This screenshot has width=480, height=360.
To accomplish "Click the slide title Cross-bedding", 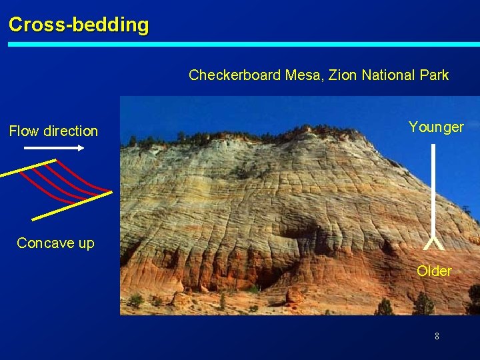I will (79, 25).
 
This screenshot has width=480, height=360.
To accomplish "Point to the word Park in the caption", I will (433, 75).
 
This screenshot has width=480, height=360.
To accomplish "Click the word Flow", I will (24, 131).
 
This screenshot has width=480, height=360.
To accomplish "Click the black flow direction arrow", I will (53, 148).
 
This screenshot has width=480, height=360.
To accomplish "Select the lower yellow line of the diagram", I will (71, 206).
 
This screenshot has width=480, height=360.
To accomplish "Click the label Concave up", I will (55, 243).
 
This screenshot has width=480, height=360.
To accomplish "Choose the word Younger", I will (436, 127).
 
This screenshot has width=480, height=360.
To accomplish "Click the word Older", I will (434, 271).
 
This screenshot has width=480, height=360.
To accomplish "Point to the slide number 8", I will (437, 336).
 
